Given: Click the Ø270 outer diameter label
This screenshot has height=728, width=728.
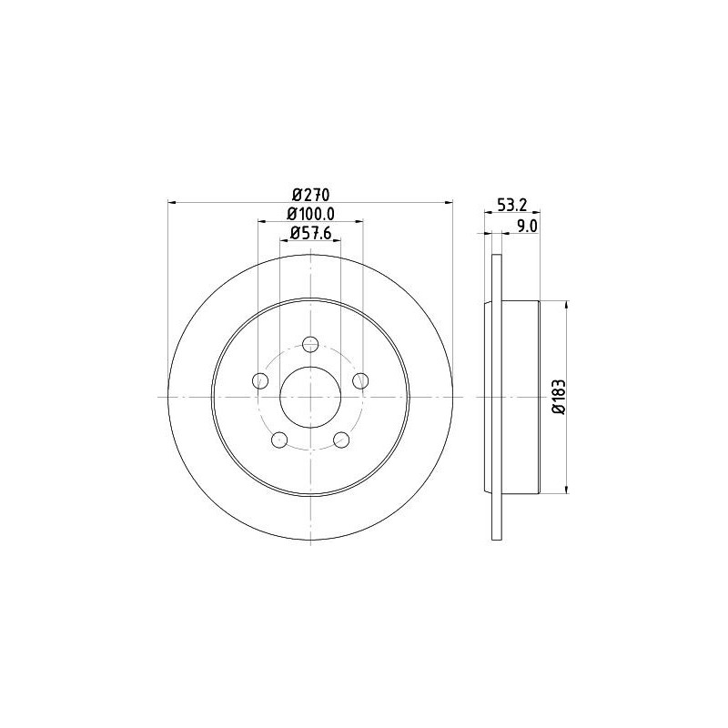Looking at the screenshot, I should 310,194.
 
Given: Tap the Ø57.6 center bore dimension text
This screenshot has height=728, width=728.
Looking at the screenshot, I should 310,233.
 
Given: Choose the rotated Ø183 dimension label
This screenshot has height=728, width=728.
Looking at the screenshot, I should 558,398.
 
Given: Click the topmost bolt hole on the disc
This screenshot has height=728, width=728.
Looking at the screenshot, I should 310,343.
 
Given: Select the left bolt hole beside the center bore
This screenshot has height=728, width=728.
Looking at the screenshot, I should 259,380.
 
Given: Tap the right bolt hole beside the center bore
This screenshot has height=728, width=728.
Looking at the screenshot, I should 361,380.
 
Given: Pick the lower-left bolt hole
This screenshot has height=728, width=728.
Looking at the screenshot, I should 278,440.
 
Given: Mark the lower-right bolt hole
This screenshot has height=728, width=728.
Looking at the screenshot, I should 342,440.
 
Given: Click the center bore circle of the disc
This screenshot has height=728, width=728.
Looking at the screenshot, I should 310,398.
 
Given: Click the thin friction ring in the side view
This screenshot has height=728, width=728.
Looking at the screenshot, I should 496,398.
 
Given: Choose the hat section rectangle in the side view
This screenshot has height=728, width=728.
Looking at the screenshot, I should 521,398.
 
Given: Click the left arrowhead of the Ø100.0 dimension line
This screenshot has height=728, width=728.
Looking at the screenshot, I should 262,221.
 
